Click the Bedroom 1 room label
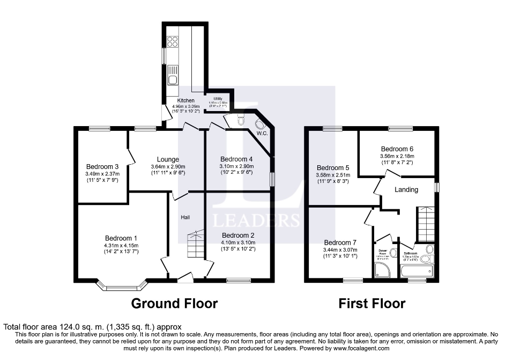click(121, 238)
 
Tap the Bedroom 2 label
click(238, 235)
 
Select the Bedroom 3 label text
click(102, 166)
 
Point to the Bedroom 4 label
click(236, 159)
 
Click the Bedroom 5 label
click(333, 168)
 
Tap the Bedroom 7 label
click(340, 243)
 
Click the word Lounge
click(168, 159)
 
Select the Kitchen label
click(186, 101)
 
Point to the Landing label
click(406, 189)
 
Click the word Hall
click(185, 217)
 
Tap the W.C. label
click(262, 133)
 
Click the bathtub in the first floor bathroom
click(417, 271)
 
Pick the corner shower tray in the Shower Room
click(384, 271)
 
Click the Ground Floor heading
click(174, 304)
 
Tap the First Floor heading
click(372, 304)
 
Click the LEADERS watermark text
click(256, 221)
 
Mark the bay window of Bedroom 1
click(122, 287)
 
